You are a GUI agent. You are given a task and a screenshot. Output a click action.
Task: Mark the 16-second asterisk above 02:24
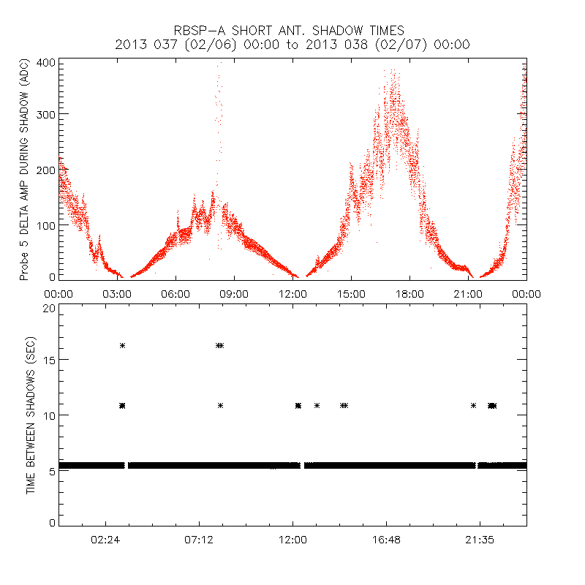click(x=122, y=345)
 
